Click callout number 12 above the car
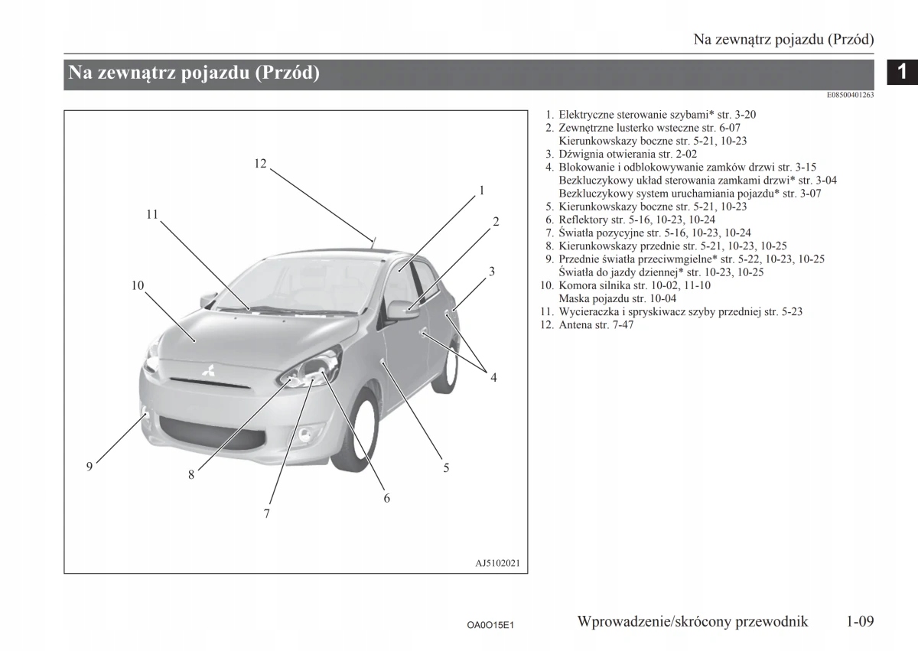click(x=260, y=163)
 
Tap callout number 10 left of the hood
click(x=138, y=285)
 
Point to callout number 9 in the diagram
click(x=90, y=466)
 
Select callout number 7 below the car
click(x=267, y=514)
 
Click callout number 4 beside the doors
click(x=493, y=377)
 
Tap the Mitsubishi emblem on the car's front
click(x=207, y=373)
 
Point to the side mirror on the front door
click(x=402, y=309)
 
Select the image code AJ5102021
click(x=497, y=564)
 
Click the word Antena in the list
click(x=575, y=324)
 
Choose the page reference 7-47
click(x=622, y=324)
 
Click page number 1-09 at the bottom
click(x=860, y=621)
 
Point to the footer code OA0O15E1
click(x=490, y=625)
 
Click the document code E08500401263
click(x=850, y=95)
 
